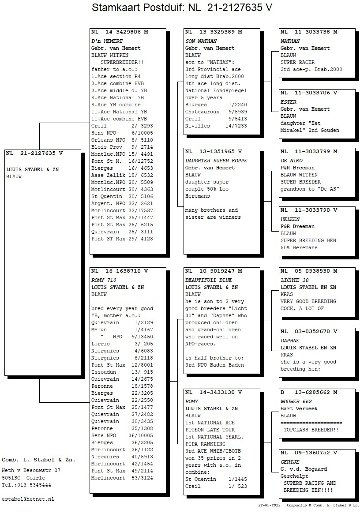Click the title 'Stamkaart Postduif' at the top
pyautogui.click(x=138, y=7)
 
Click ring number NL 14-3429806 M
pyautogui.click(x=120, y=32)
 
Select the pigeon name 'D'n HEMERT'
pyautogui.click(x=107, y=41)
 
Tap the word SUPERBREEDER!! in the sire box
pyautogui.click(x=122, y=62)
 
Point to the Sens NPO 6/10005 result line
pyautogui.click(x=122, y=133)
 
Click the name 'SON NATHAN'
pyautogui.click(x=201, y=41)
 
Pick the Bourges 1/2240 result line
pyautogui.click(x=216, y=105)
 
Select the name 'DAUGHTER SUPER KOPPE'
pyautogui.click(x=216, y=161)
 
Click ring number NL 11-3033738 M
pyautogui.click(x=309, y=32)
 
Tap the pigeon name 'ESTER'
pyautogui.click(x=289, y=102)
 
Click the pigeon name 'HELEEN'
pyautogui.click(x=290, y=220)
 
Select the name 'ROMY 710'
pyautogui.click(x=104, y=280)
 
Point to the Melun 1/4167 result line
pyautogui.click(x=122, y=330)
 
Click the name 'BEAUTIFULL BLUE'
pyautogui.click(x=209, y=280)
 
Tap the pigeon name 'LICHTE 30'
pyautogui.click(x=295, y=280)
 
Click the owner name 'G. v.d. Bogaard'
pyautogui.click(x=304, y=469)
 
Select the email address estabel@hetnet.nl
pyautogui.click(x=28, y=499)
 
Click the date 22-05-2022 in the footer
pyautogui.click(x=270, y=505)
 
